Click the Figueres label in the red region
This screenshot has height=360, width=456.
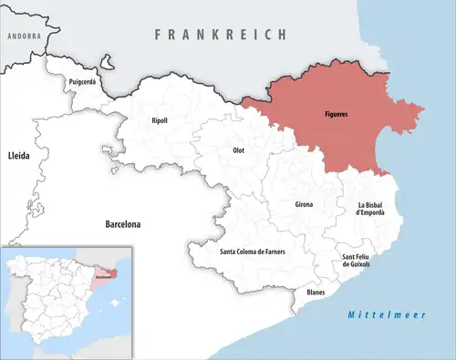tap(336, 116)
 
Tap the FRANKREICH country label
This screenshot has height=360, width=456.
tap(221, 34)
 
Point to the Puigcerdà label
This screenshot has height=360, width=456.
tap(83, 82)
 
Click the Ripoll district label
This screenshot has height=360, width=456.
tap(160, 120)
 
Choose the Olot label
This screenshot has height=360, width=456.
tap(239, 149)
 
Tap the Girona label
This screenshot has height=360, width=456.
tap(304, 204)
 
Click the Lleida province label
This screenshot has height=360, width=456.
tap(18, 157)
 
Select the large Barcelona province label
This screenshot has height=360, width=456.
tap(128, 223)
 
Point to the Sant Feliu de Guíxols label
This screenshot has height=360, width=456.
tap(354, 261)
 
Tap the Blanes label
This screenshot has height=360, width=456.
tap(316, 292)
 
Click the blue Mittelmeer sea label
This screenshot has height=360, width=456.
tap(380, 314)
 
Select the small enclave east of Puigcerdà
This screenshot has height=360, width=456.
tap(108, 65)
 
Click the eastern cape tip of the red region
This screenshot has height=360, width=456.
tap(424, 109)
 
